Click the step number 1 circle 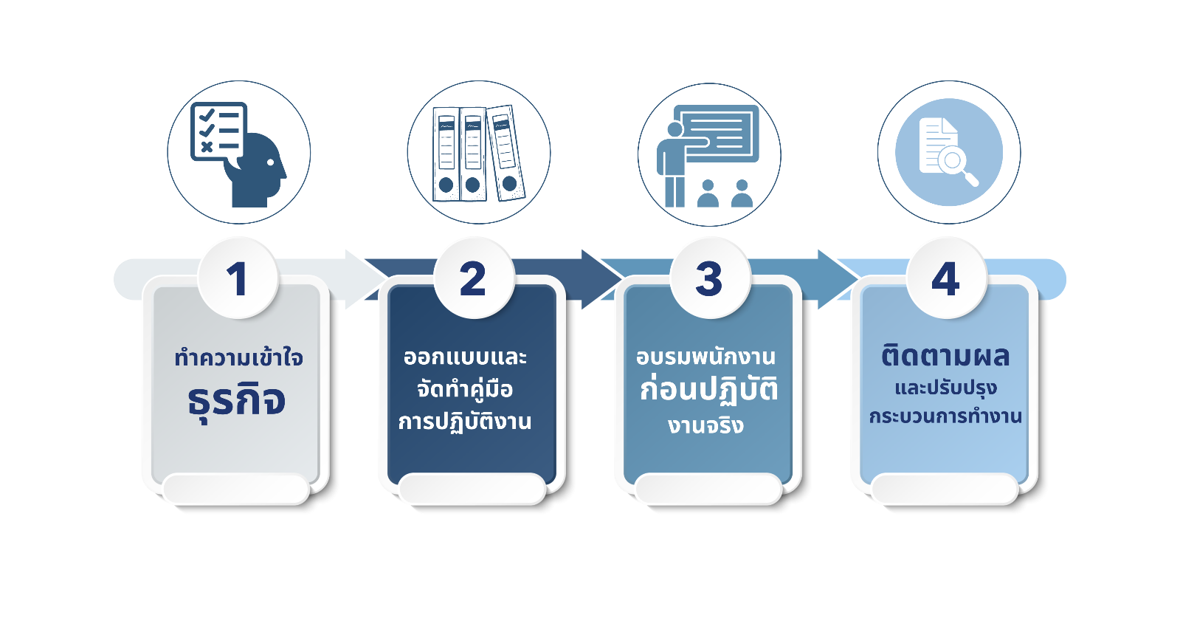(x=238, y=278)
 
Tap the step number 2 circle (x=474, y=278)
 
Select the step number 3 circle (x=710, y=278)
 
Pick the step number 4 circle (x=946, y=278)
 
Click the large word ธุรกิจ (x=237, y=402)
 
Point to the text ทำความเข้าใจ (x=238, y=358)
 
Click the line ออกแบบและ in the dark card (x=465, y=358)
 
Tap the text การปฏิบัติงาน (x=465, y=421)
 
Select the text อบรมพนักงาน (x=706, y=357)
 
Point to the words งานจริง (x=706, y=425)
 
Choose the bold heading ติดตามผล (x=945, y=356)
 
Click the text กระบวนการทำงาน (x=945, y=416)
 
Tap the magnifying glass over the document (x=956, y=165)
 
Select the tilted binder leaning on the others (x=506, y=153)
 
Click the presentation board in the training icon (x=717, y=134)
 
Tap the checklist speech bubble (x=218, y=131)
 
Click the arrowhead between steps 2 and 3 (x=602, y=279)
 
